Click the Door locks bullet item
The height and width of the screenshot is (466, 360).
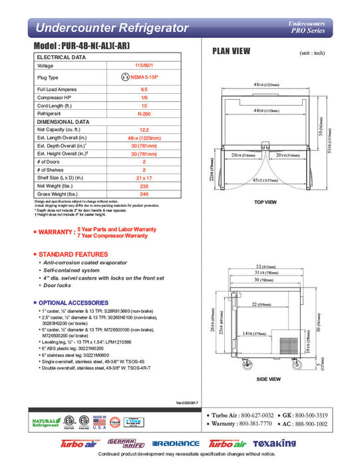pyautogui.click(x=57, y=285)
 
